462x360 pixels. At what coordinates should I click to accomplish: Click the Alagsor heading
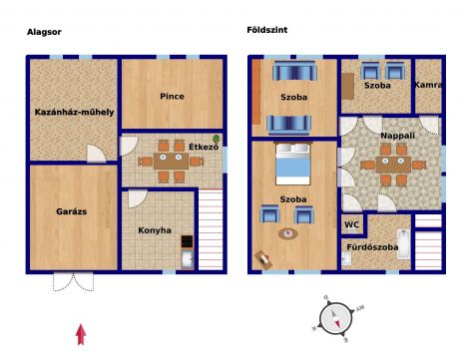point(44,32)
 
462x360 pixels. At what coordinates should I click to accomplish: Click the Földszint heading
point(267,30)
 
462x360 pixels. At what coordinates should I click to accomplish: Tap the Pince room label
point(172,97)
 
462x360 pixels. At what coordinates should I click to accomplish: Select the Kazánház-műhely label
point(74,112)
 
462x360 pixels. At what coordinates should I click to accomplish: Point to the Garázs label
point(72,211)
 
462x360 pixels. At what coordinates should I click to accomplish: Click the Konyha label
point(155,230)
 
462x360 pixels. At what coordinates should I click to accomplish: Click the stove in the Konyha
point(187,241)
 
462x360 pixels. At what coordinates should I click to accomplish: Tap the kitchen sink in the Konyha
point(188,259)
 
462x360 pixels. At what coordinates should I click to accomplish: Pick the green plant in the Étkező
point(217,139)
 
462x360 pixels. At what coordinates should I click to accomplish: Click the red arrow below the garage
point(81,335)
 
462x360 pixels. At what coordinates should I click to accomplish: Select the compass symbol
point(336,319)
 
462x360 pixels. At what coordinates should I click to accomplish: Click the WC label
point(352,224)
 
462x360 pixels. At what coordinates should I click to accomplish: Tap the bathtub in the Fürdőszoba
point(404,243)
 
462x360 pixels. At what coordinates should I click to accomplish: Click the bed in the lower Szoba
point(293,164)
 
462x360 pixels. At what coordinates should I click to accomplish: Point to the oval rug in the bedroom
point(288,233)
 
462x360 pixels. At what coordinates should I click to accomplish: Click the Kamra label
point(428,85)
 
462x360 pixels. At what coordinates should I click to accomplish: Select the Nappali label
point(398,136)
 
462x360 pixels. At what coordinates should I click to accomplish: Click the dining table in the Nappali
point(393,165)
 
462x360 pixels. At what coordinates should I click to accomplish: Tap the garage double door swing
point(74,282)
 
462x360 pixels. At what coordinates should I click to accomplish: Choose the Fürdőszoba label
point(372,247)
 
